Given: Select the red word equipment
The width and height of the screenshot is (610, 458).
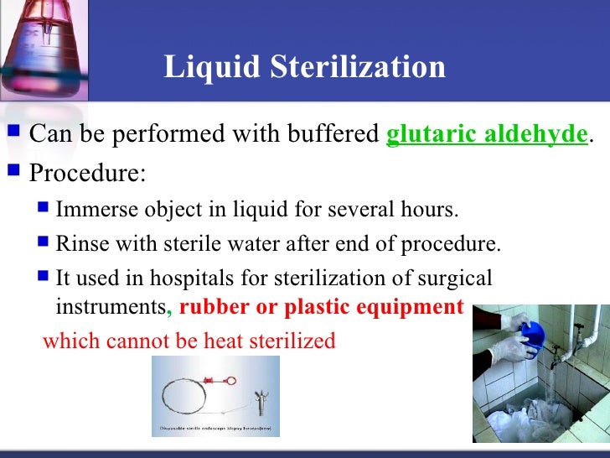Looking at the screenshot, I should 406,307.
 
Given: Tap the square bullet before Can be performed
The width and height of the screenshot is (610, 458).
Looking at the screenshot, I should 12,133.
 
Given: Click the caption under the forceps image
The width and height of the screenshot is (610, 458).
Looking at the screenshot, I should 215,429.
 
